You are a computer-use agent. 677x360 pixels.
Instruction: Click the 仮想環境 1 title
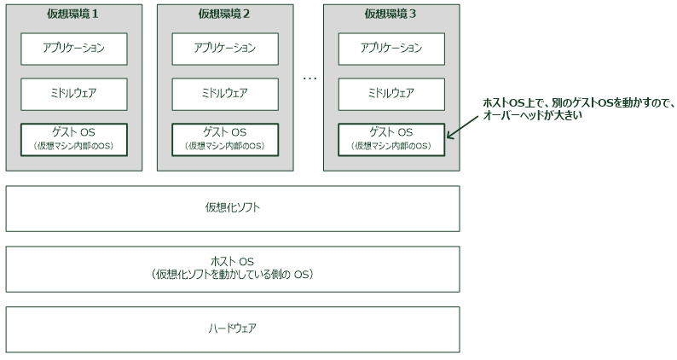pyautogui.click(x=73, y=14)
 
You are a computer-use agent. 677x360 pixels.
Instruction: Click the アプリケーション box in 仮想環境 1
pyautogui.click(x=73, y=48)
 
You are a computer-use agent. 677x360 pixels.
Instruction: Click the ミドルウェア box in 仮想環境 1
pyautogui.click(x=73, y=93)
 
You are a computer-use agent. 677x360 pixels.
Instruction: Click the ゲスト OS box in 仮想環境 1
pyautogui.click(x=73, y=139)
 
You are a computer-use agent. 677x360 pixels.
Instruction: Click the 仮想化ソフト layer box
pyautogui.click(x=233, y=208)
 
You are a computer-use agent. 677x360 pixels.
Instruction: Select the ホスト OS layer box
pyautogui.click(x=233, y=268)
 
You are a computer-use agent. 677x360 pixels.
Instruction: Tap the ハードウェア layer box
pyautogui.click(x=233, y=328)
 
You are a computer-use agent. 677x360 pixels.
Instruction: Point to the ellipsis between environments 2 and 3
pyautogui.click(x=310, y=78)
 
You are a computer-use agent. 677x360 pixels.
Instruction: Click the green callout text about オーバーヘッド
pyautogui.click(x=578, y=108)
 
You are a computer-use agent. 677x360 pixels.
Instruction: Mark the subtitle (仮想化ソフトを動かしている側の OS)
pyautogui.click(x=233, y=275)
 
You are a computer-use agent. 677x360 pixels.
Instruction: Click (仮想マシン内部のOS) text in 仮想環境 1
pyautogui.click(x=73, y=146)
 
